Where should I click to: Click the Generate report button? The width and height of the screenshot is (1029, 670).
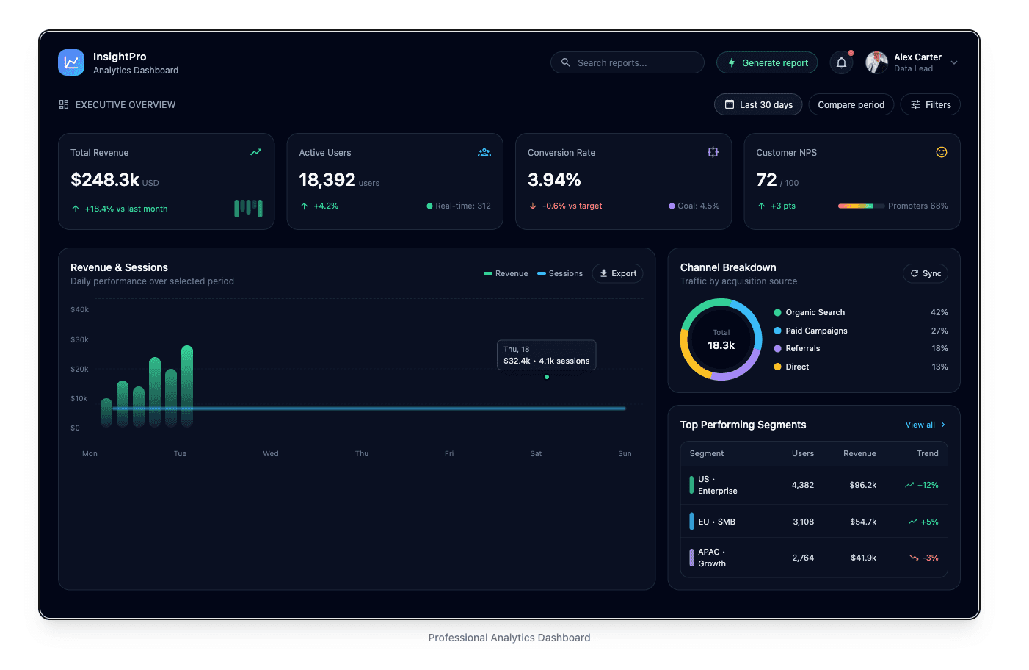pyautogui.click(x=767, y=63)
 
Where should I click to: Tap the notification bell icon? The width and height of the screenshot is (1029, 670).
pyautogui.click(x=841, y=63)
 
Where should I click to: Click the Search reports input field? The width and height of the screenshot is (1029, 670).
pyautogui.click(x=628, y=63)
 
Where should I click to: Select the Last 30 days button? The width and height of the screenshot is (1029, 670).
pyautogui.click(x=758, y=105)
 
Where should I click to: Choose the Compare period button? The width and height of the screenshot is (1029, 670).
pyautogui.click(x=851, y=105)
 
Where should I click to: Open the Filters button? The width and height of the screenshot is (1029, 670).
pyautogui.click(x=930, y=105)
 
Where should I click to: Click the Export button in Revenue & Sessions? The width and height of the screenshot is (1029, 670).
pyautogui.click(x=617, y=273)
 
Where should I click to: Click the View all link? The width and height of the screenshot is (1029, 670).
pyautogui.click(x=920, y=425)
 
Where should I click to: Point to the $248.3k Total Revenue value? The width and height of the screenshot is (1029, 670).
pyautogui.click(x=105, y=180)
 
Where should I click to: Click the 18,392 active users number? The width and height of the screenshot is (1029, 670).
pyautogui.click(x=327, y=180)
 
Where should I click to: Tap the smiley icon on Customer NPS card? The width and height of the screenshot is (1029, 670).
pyautogui.click(x=941, y=152)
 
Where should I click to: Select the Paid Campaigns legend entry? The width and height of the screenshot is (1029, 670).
pyautogui.click(x=816, y=331)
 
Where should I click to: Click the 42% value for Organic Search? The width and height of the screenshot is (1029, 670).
pyautogui.click(x=939, y=312)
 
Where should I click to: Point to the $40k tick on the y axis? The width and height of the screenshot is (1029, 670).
pyautogui.click(x=79, y=310)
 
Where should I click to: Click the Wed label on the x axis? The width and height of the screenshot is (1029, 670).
pyautogui.click(x=271, y=454)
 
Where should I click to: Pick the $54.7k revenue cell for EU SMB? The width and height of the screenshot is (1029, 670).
pyautogui.click(x=862, y=522)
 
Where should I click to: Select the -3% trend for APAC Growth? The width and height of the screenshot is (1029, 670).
pyautogui.click(x=930, y=558)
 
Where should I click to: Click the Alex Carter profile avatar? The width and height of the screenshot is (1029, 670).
pyautogui.click(x=876, y=63)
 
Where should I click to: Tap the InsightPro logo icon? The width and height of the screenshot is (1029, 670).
pyautogui.click(x=71, y=63)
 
